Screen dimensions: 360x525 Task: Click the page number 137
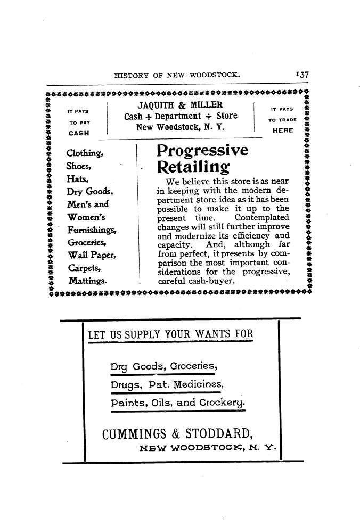pyautogui.click(x=302, y=75)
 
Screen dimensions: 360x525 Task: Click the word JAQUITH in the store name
pyautogui.click(x=156, y=105)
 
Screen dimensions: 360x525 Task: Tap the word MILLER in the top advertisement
pyautogui.click(x=207, y=105)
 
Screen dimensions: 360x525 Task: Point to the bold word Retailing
pyautogui.click(x=193, y=167)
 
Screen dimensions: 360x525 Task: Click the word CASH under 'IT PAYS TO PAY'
pyautogui.click(x=79, y=133)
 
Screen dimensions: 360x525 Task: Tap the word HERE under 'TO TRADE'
pyautogui.click(x=283, y=130)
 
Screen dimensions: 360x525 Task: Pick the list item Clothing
pyautogui.click(x=85, y=153)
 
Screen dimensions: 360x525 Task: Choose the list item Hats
pyautogui.click(x=77, y=179)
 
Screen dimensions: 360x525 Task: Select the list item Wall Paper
pyautogui.click(x=92, y=255)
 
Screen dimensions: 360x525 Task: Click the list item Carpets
pyautogui.click(x=84, y=268)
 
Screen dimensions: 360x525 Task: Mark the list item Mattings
pyautogui.click(x=87, y=281)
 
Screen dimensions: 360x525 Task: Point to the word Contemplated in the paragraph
pyautogui.click(x=261, y=218)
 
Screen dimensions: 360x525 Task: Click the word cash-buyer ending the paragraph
pyautogui.click(x=211, y=281)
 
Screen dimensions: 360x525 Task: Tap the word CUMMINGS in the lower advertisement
pyautogui.click(x=134, y=434)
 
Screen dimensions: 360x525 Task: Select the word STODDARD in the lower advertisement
pyautogui.click(x=219, y=433)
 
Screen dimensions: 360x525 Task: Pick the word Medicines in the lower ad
pyautogui.click(x=198, y=384)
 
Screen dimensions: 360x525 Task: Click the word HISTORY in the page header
pyautogui.click(x=132, y=75)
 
